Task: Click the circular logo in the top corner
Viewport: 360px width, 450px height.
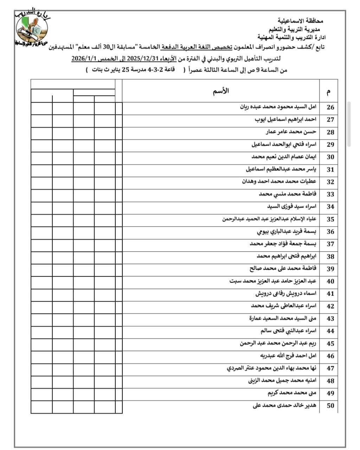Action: pyautogui.click(x=33, y=28)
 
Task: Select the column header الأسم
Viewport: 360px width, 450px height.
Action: pyautogui.click(x=221, y=91)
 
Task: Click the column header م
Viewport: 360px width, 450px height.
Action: pyautogui.click(x=329, y=92)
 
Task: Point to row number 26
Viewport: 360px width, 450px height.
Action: pyautogui.click(x=330, y=107)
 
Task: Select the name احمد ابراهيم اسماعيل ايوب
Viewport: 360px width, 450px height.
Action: pyautogui.click(x=285, y=120)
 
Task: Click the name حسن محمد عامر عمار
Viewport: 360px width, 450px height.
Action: pyautogui.click(x=291, y=132)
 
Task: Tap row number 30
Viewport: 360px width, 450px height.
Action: pyautogui.click(x=330, y=157)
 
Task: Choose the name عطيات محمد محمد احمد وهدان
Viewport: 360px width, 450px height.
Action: pyautogui.click(x=279, y=181)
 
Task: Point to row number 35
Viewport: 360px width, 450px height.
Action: pyautogui.click(x=330, y=219)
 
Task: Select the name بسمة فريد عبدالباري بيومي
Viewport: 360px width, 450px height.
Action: pyautogui.click(x=287, y=232)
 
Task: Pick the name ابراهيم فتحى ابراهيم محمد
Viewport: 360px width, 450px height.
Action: pyautogui.click(x=287, y=256)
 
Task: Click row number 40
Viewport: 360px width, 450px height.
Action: pyautogui.click(x=330, y=282)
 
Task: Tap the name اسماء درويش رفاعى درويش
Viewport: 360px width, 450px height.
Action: pyautogui.click(x=286, y=294)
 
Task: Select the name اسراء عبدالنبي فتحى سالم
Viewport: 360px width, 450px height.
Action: pyautogui.click(x=288, y=331)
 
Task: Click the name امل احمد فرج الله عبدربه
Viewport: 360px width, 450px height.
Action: pyautogui.click(x=288, y=356)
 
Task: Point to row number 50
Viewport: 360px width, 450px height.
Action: pyautogui.click(x=330, y=406)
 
